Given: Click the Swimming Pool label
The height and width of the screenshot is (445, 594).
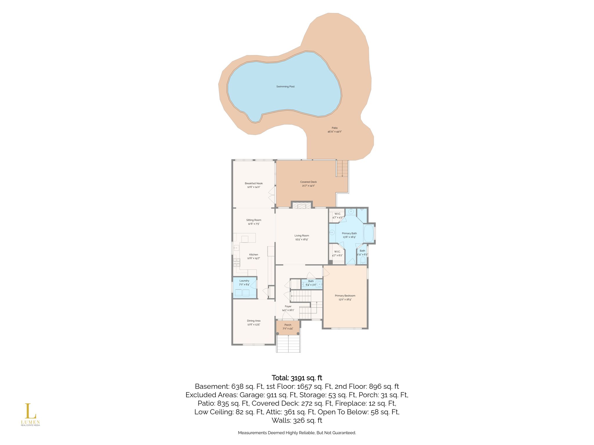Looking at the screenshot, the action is [285, 87].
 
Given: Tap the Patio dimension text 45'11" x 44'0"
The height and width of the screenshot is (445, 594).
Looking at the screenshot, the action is [335, 132].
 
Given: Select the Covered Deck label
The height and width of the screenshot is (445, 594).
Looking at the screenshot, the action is [308, 182].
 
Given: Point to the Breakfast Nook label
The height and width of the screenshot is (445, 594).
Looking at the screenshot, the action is [254, 183].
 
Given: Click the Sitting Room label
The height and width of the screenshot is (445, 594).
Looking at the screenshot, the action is [254, 220].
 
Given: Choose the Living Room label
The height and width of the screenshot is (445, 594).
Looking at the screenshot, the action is [302, 236].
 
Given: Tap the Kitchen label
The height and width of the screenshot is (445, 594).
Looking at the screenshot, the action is [253, 255].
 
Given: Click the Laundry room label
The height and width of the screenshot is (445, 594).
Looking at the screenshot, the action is [245, 281].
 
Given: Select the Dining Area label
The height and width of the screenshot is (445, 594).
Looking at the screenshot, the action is [254, 321].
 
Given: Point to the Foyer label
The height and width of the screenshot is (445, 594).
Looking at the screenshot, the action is [288, 306].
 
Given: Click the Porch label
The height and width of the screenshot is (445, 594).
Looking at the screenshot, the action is [288, 325].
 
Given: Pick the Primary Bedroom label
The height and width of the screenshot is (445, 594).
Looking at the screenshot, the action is [345, 296].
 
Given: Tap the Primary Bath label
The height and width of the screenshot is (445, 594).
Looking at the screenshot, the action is [349, 233].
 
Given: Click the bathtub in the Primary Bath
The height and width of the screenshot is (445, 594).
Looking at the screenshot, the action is [369, 233].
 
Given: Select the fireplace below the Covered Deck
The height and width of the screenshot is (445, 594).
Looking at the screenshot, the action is [302, 205].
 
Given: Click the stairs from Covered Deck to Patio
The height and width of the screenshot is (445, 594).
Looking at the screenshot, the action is [342, 168].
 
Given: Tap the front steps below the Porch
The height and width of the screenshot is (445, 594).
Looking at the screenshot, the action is [288, 344].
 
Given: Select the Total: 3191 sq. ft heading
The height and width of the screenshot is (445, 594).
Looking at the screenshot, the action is [297, 378].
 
